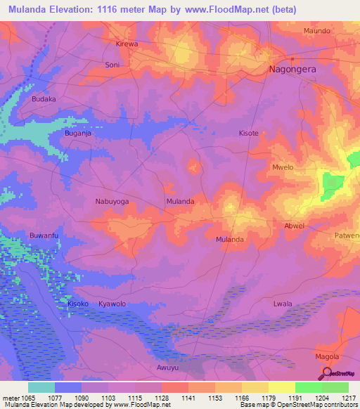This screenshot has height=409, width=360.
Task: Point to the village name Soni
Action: point(112,65)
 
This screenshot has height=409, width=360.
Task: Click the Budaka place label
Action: point(44,99)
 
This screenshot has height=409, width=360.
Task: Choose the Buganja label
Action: point(79,133)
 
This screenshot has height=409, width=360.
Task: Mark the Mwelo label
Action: point(283,168)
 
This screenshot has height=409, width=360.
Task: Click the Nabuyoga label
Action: point(112,201)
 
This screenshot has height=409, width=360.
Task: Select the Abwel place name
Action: point(294,226)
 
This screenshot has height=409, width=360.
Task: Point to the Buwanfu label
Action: point(43,235)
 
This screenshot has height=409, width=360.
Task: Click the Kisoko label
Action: point(78,304)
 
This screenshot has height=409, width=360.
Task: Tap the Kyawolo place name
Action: point(112,304)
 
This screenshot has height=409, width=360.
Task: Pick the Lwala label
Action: point(282,304)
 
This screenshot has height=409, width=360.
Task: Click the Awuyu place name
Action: point(169,368)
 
